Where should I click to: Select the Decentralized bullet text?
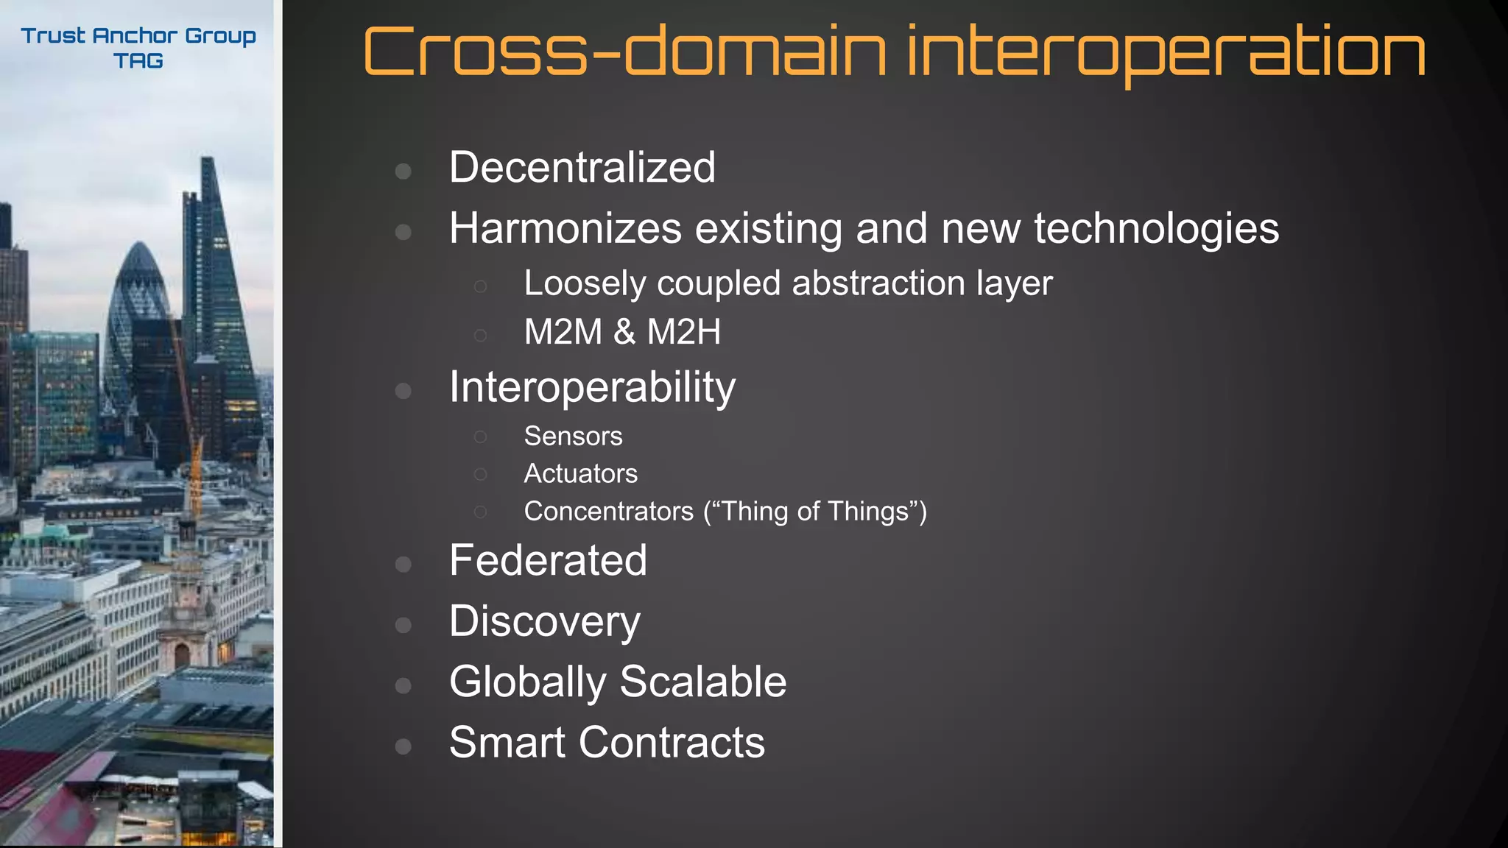582,167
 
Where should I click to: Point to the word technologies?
1156,228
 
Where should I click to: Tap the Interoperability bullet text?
592,387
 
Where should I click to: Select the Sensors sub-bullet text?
573,436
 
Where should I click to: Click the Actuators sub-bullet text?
580,473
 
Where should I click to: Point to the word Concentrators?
608,512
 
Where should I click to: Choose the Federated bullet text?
548,560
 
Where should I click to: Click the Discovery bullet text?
545,622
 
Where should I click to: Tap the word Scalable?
702,682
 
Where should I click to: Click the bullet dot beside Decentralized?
403,172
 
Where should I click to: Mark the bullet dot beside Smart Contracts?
403,746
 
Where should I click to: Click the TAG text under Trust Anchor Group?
138,61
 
